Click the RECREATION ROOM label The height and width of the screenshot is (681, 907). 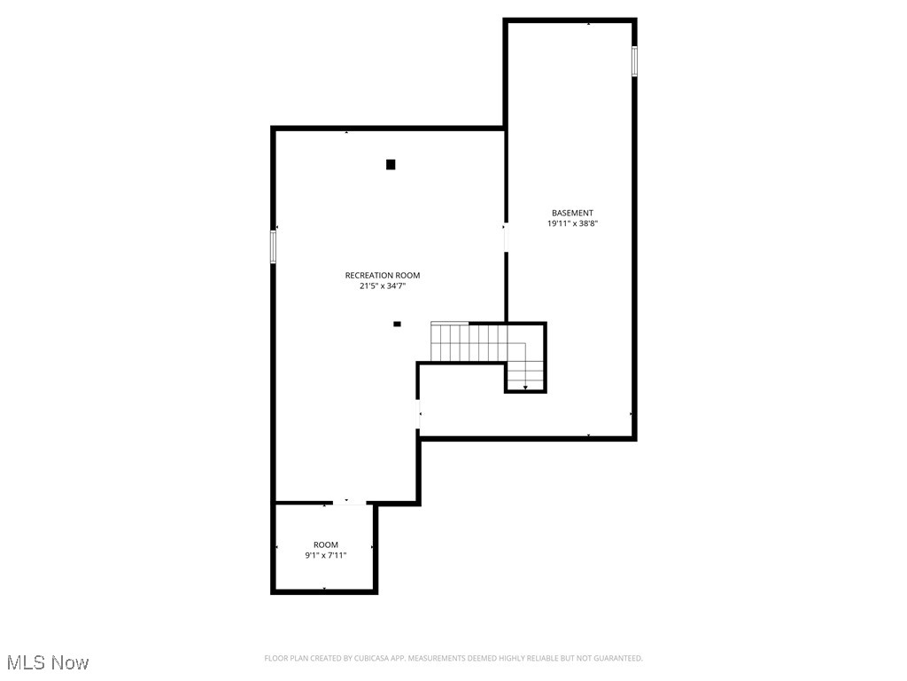click(382, 275)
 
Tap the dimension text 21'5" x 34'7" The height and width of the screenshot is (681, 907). click(382, 286)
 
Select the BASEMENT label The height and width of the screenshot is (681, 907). click(572, 213)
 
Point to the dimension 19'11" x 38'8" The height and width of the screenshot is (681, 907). click(572, 224)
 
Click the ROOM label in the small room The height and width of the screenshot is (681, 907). click(325, 544)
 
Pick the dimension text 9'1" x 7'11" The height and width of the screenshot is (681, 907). click(325, 556)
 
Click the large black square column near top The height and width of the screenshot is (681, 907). click(391, 164)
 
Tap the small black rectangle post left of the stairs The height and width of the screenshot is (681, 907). click(397, 324)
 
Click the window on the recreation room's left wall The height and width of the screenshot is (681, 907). click(273, 246)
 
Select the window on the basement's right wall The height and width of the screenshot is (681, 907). click(634, 60)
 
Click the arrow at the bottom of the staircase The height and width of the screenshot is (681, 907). click(525, 387)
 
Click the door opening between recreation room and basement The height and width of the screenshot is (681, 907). click(506, 238)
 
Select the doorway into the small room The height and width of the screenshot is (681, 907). click(346, 504)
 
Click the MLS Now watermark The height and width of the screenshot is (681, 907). click(48, 662)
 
